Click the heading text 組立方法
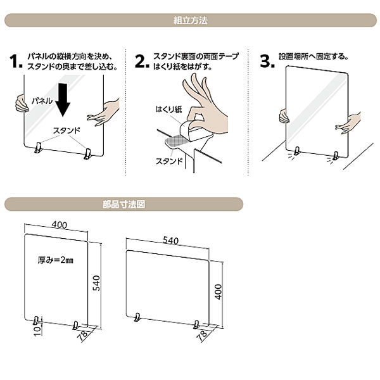191,20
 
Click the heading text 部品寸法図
124,205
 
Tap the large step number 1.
16,61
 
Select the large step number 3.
267,61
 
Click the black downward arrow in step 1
63,100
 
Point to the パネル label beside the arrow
42,101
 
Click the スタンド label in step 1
66,131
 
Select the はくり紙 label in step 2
168,110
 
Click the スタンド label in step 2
169,161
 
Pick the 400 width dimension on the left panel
60,225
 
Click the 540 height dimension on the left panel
96,283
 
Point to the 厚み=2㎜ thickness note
56,260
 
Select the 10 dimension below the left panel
37,331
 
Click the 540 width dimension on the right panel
170,241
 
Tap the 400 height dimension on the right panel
218,292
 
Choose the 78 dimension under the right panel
203,334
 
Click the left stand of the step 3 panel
297,151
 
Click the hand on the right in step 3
348,123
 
